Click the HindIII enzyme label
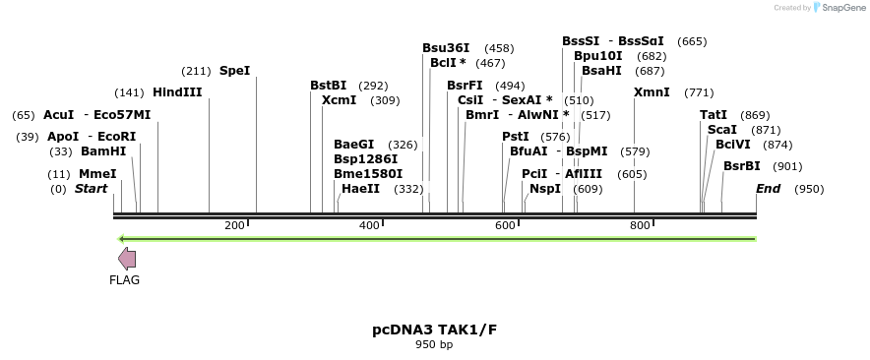point(177,92)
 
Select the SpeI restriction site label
point(234,71)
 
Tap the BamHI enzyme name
point(103,151)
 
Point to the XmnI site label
point(652,92)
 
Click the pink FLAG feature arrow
point(127,259)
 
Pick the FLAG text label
point(125,280)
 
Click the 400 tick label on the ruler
point(369,226)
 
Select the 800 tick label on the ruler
point(640,226)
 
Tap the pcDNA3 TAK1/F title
point(434,330)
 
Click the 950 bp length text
point(434,345)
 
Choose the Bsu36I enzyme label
point(446,48)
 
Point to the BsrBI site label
point(742,166)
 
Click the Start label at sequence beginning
point(92,189)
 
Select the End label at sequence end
point(768,189)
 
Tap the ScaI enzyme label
point(722,130)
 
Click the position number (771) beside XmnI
point(699,92)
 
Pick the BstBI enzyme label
point(329,86)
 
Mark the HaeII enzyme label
point(360,189)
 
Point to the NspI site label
point(545,189)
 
